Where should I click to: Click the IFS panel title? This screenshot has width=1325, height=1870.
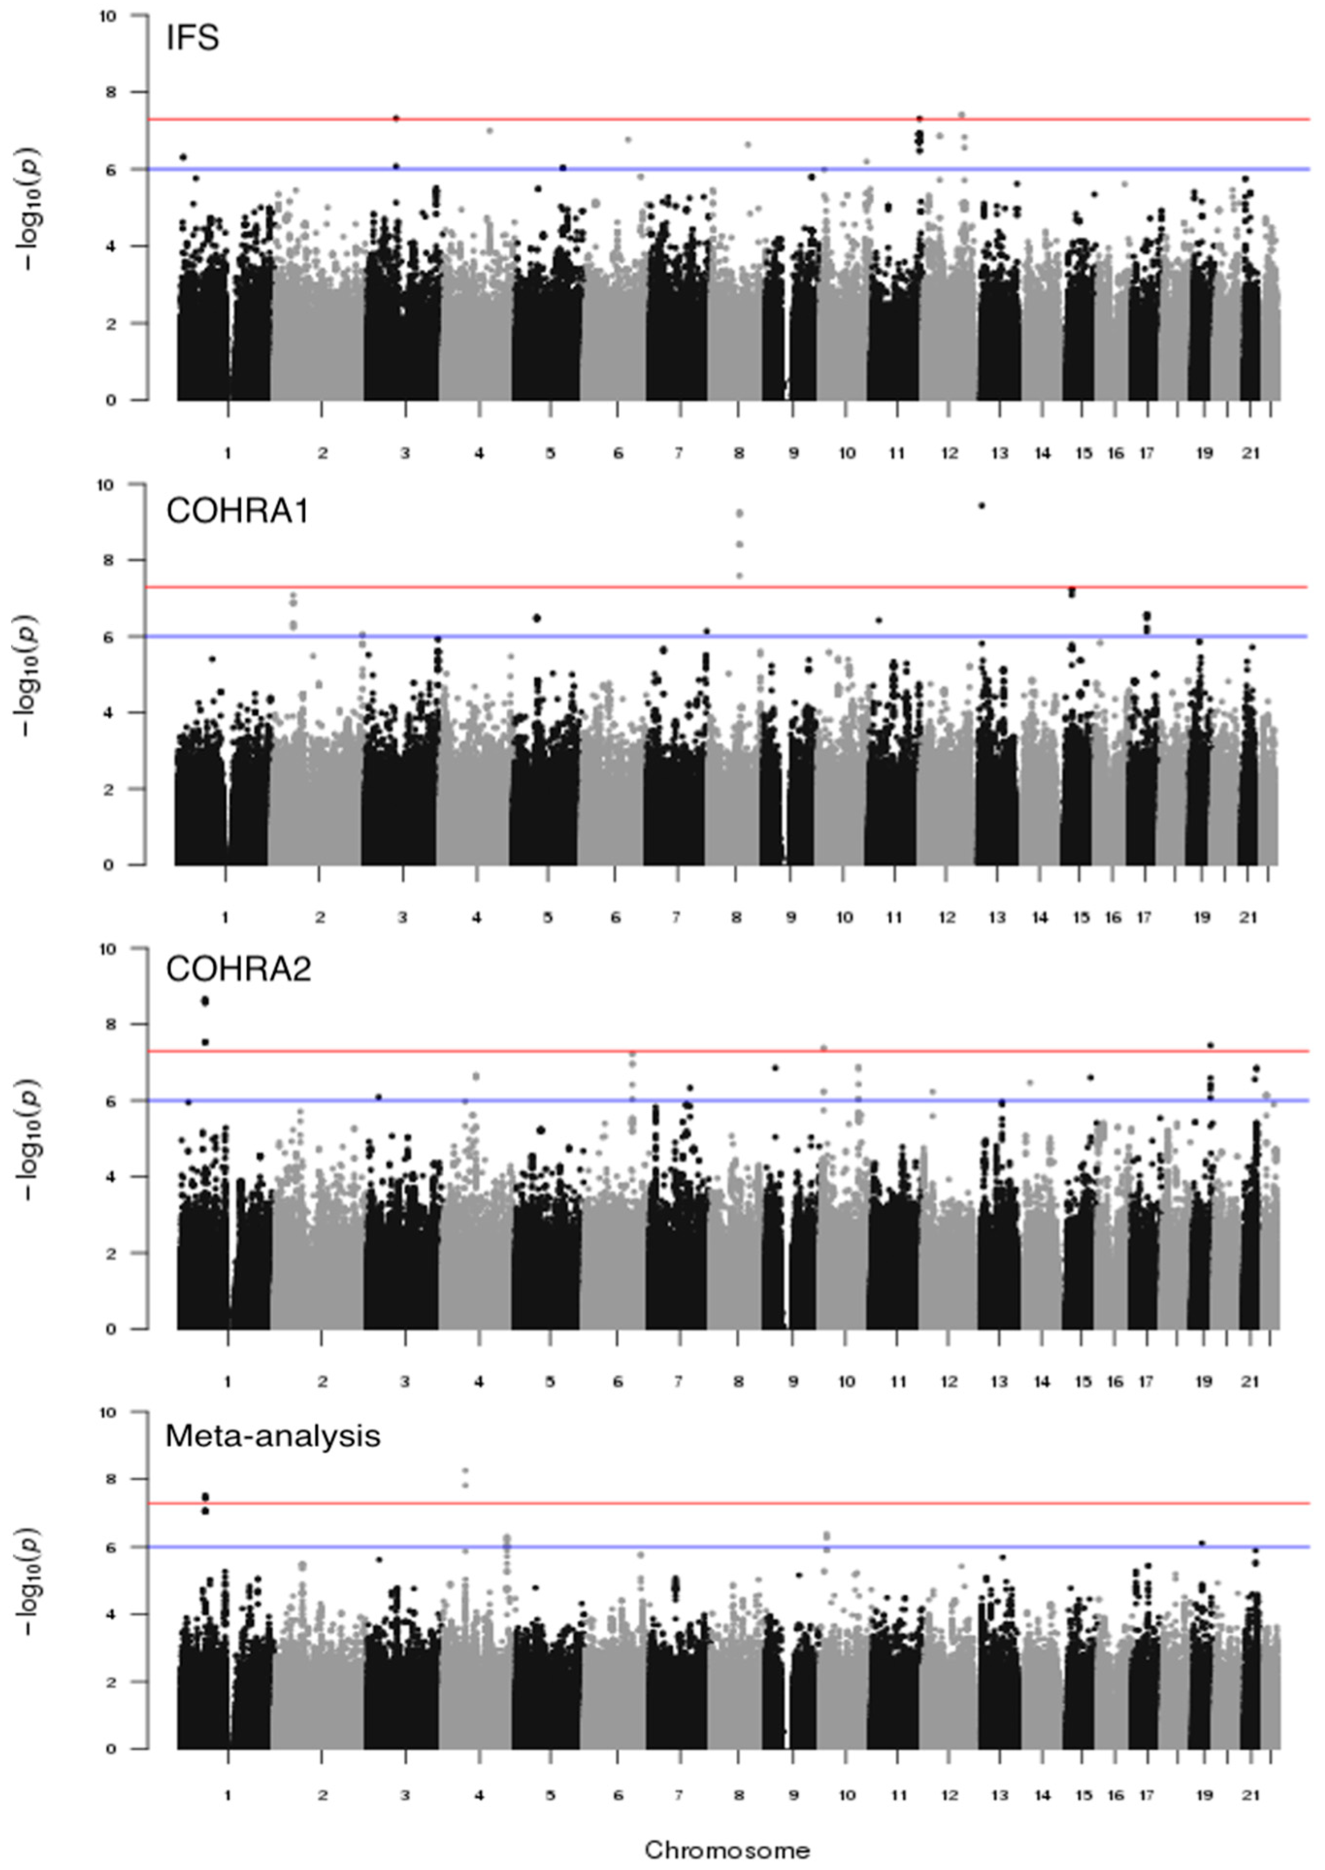[x=193, y=38]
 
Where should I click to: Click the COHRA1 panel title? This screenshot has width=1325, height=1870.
[x=237, y=511]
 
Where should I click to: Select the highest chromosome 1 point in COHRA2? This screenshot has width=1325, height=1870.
[x=206, y=1001]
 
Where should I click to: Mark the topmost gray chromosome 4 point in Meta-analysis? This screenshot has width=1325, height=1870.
[x=466, y=1470]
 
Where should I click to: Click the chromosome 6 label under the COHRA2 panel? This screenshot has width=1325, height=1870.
[x=618, y=1382]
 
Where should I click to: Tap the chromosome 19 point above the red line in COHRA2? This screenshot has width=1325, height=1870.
[x=1211, y=1045]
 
